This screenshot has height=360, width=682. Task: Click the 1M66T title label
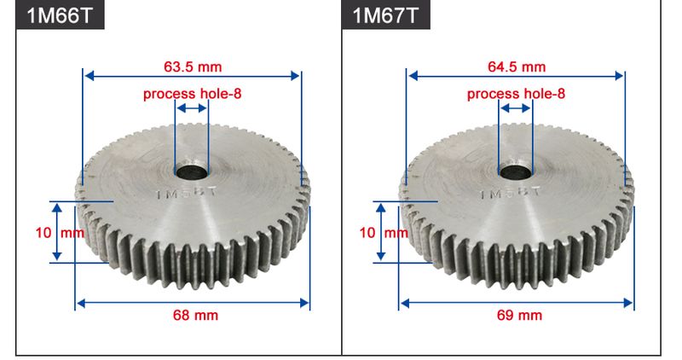point(59,16)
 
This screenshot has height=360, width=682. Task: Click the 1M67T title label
point(384,16)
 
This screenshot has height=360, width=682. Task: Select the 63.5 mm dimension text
point(193,66)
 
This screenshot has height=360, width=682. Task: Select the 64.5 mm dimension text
point(517,66)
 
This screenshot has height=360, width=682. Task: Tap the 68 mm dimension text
point(195,315)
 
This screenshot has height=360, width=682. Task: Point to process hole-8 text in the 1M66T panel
point(192,93)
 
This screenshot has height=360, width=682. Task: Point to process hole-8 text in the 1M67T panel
point(516,93)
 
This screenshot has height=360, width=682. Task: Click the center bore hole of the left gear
point(189,171)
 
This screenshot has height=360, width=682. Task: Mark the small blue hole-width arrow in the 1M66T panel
point(192,108)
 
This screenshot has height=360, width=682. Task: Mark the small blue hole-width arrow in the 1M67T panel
point(516,108)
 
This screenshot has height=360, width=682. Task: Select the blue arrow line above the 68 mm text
point(193,302)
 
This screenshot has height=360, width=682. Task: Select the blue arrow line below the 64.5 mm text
point(517,76)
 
